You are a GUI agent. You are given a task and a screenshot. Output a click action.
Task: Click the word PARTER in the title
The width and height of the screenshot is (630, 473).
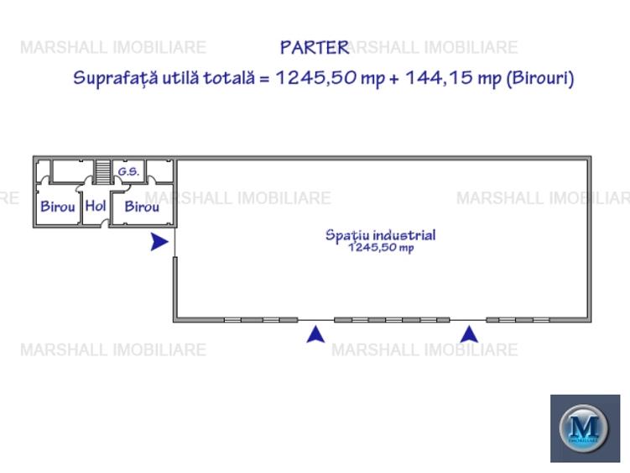click(315, 48)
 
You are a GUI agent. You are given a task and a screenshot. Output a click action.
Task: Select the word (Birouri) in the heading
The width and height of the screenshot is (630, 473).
click(540, 78)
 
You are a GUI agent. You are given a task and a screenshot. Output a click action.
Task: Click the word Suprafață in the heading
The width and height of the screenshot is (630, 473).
click(115, 78)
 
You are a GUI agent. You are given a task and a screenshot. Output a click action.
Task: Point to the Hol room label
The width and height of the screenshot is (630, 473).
click(96, 206)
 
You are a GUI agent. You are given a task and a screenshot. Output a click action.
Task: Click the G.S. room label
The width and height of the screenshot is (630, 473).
click(128, 171)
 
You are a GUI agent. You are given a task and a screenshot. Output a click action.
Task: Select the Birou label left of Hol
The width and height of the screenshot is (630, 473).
click(58, 207)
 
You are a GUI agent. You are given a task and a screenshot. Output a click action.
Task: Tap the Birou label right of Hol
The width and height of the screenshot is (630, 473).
click(142, 207)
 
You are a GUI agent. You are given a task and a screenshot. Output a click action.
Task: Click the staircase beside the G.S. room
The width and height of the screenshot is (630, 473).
click(102, 172)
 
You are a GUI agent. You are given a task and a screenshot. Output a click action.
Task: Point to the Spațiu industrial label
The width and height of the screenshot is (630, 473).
click(381, 235)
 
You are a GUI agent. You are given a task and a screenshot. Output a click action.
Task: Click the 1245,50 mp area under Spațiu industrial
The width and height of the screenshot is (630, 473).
click(381, 247)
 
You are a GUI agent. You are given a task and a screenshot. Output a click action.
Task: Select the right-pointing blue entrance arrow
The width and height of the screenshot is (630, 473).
click(159, 241)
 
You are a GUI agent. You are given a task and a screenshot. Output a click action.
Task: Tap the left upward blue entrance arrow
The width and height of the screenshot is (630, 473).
click(315, 334)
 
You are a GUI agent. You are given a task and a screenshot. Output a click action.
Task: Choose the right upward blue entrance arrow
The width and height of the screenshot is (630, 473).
click(469, 334)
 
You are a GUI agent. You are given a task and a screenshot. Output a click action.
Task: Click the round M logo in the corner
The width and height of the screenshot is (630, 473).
click(584, 428)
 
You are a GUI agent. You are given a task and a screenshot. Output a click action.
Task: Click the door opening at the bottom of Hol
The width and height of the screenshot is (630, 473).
click(105, 224)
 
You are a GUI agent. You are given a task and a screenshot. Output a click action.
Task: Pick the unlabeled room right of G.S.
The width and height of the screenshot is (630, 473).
click(159, 171)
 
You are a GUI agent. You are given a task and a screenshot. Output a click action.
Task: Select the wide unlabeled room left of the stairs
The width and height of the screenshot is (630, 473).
click(73, 171)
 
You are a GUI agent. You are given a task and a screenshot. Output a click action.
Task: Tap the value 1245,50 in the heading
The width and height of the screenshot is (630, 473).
click(316, 77)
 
